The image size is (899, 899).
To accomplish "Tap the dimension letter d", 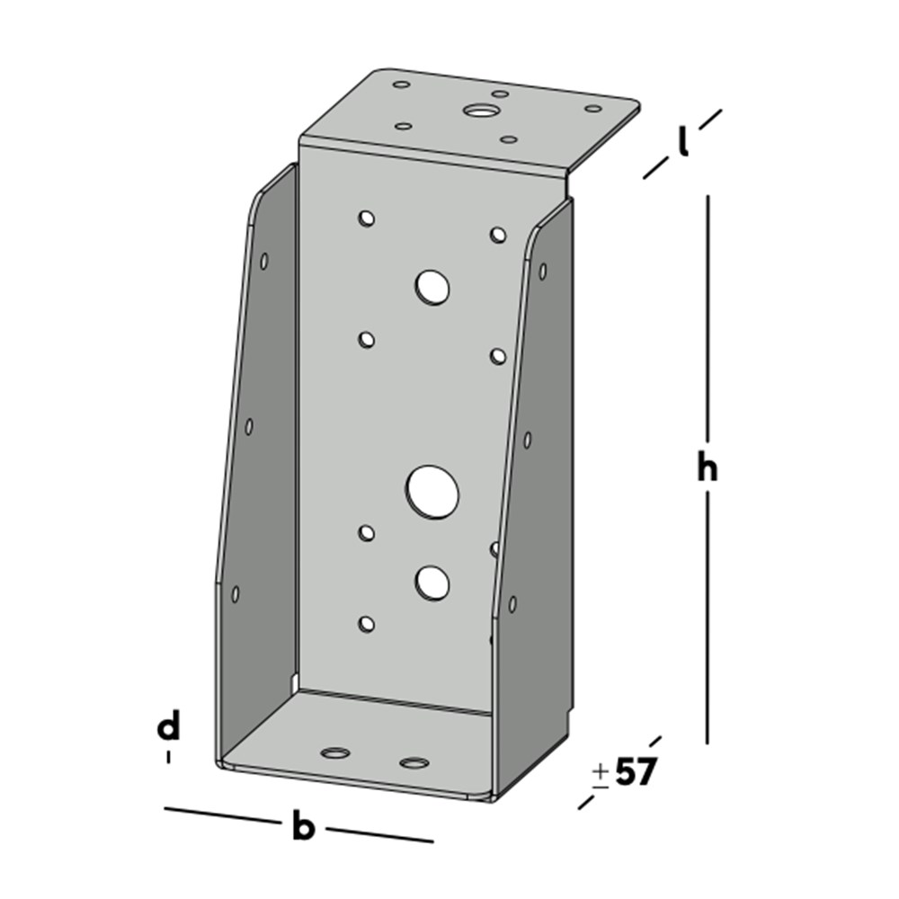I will [168, 726].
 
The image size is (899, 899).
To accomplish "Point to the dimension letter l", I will [683, 141].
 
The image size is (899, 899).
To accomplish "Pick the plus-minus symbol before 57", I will [600, 774].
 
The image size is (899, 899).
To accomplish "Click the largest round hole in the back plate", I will [432, 491].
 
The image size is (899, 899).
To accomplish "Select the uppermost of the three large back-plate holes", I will [432, 287].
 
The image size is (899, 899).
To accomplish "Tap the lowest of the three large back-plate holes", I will [432, 583].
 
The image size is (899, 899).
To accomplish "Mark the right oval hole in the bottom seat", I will [414, 763].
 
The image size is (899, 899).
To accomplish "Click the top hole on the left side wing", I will [264, 261].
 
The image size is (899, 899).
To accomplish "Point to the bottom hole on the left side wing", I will [236, 593].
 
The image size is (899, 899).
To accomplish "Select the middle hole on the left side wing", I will [249, 426].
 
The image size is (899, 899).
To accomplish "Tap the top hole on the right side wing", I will [542, 270].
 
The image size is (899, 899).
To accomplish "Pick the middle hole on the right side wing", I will [527, 439].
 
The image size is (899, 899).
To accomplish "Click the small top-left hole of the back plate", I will [366, 218].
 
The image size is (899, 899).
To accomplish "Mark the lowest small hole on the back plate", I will [366, 623].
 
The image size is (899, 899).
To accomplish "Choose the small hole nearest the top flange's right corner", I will [593, 109].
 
